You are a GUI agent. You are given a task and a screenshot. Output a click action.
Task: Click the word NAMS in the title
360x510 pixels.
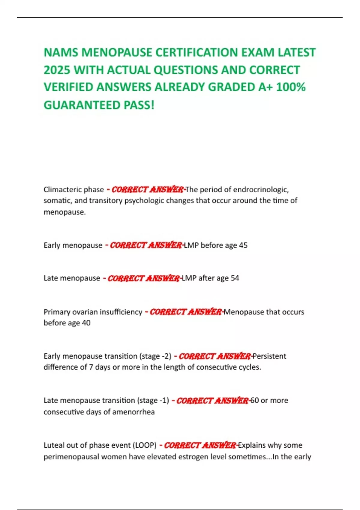click(x=61, y=52)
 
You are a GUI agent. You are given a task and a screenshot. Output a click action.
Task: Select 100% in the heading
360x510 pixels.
click(x=290, y=87)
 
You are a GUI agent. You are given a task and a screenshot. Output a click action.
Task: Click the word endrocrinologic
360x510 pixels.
click(x=261, y=190)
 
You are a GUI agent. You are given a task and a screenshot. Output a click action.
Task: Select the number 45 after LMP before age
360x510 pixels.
click(x=243, y=245)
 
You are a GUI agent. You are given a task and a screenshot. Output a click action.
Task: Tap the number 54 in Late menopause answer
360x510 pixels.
click(x=235, y=278)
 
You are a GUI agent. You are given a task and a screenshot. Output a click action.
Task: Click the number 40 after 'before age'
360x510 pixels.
click(x=86, y=323)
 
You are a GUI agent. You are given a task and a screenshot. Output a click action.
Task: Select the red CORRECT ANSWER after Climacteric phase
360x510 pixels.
click(x=147, y=190)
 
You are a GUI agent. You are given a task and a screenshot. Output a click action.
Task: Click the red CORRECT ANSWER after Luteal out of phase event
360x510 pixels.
click(x=200, y=445)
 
